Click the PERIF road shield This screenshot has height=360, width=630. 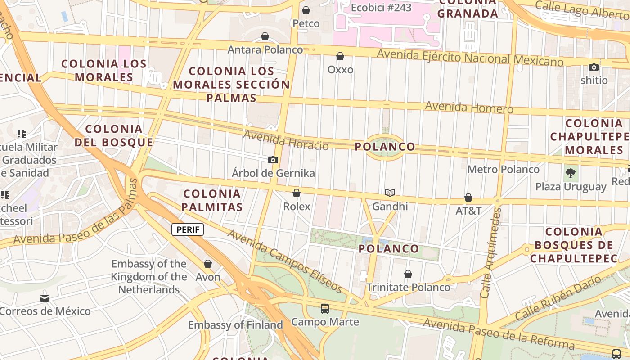coord(188,229)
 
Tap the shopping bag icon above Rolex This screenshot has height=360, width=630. coord(297,193)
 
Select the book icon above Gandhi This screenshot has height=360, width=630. coord(390,193)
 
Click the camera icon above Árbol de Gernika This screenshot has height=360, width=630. coord(273,160)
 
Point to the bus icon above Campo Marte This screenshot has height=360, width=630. coord(325,309)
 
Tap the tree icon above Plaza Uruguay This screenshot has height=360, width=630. coord(571,173)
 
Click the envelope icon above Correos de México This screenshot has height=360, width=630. coord(45,298)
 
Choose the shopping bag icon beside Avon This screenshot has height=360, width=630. coord(208,264)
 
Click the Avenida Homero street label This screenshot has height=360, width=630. coord(469,108)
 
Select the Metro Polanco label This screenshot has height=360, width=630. coord(503,169)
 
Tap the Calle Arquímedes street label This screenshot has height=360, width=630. coord(491,252)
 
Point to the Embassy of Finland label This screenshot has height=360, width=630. coord(235,324)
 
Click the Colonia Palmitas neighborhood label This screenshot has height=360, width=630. coord(213,200)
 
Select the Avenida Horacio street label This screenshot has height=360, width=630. coord(286,140)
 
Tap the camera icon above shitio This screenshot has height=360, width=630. coord(594,67)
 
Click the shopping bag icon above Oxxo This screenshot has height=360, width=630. coord(340,56)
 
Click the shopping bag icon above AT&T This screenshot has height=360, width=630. coord(468,198)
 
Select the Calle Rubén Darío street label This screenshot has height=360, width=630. coord(558,298)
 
